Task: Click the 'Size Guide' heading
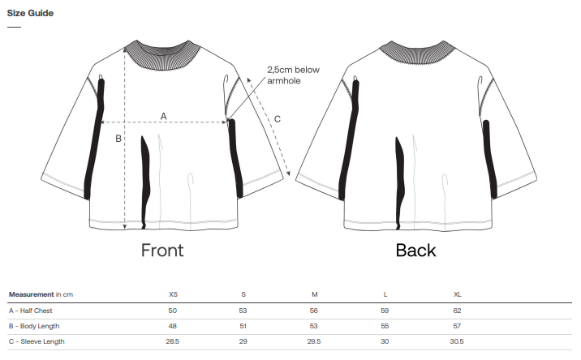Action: point(30,13)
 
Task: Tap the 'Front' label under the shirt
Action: point(162,250)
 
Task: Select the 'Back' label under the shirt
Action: point(415,250)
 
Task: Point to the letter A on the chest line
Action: point(163,116)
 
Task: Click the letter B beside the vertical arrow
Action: point(118,139)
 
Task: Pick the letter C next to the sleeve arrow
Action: point(278,119)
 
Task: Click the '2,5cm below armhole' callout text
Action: point(293,75)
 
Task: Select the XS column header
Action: point(173,294)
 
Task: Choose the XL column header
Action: point(458,294)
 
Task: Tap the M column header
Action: point(315,294)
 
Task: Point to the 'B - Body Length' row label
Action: point(33,326)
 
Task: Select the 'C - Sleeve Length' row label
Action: point(37,341)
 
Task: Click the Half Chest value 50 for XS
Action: point(173,310)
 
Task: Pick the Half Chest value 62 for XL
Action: point(458,310)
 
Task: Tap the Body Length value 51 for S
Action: point(243,326)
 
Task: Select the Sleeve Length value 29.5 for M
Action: point(315,341)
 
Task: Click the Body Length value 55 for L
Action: point(385,326)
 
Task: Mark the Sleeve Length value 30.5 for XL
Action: point(458,341)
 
